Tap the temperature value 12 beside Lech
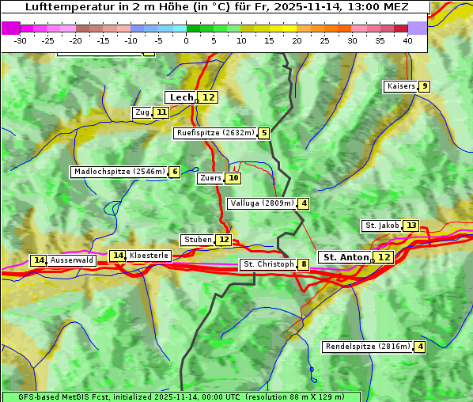click(208, 97)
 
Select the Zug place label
click(142, 112)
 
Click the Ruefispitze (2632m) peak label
click(215, 133)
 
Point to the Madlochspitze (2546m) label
click(119, 172)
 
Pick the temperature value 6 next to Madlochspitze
click(174, 172)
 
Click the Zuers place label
click(210, 178)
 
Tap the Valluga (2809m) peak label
click(262, 203)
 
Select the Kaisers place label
click(400, 86)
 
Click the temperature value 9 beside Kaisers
click(425, 86)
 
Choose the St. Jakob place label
click(382, 226)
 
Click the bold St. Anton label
click(346, 257)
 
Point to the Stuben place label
click(197, 240)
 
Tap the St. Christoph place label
click(267, 264)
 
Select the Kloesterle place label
click(149, 256)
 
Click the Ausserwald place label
click(72, 260)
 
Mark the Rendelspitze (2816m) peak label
click(368, 347)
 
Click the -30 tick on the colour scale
click(21, 40)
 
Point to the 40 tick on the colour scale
click(407, 40)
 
